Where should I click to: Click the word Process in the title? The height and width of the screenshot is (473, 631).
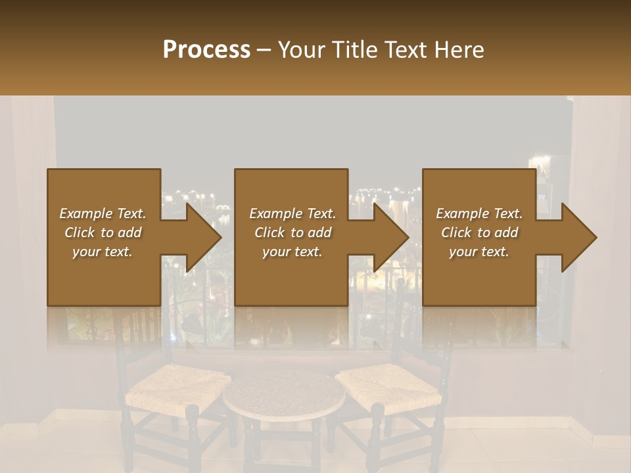[206, 50]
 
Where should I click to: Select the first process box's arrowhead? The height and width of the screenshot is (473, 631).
[200, 237]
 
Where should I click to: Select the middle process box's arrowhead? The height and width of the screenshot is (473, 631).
[388, 237]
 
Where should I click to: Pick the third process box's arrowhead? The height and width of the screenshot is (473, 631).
[576, 237]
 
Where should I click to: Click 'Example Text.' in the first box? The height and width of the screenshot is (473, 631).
[103, 214]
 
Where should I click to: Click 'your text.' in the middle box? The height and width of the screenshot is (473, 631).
[292, 252]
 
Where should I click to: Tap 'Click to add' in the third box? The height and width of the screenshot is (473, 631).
[479, 233]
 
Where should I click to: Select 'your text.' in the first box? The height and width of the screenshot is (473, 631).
[103, 252]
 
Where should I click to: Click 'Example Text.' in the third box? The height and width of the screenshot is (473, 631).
[479, 214]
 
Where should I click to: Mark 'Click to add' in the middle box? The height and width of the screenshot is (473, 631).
[292, 233]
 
